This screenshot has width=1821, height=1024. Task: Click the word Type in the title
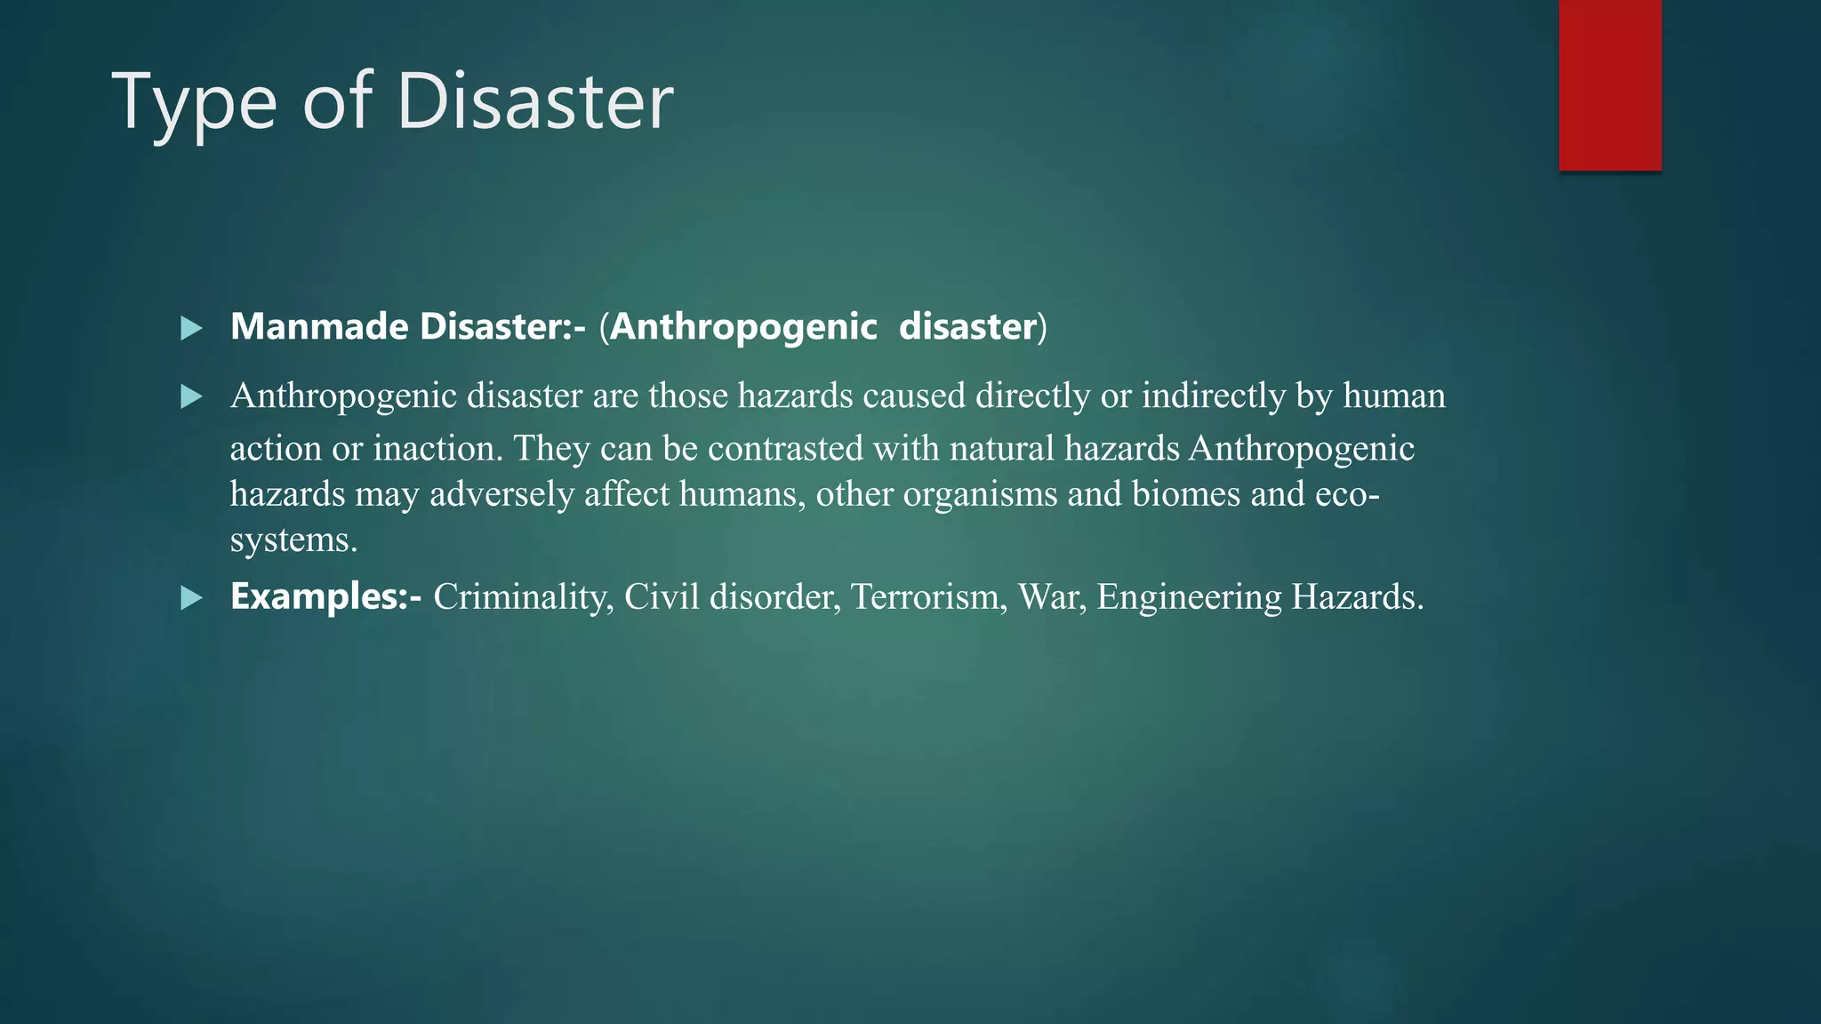[x=194, y=105]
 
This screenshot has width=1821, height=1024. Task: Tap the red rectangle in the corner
[x=1609, y=84]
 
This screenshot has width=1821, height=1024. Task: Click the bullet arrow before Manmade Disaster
[x=191, y=329]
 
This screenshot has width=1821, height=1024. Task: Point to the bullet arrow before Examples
[x=191, y=598]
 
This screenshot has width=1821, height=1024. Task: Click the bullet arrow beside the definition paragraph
[x=191, y=396]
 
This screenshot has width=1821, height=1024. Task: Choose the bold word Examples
[x=318, y=596]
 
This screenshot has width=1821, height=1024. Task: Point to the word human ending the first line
[x=1394, y=396]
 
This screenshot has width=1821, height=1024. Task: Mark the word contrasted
[x=785, y=448]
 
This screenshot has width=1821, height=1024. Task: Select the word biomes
[x=1186, y=493]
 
